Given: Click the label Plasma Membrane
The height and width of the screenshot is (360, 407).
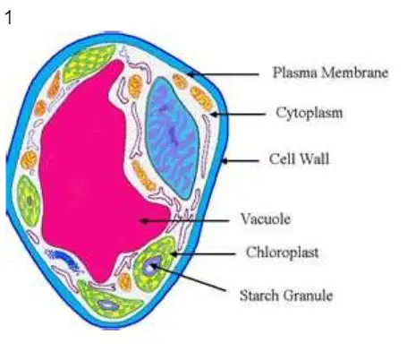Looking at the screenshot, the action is [330, 73].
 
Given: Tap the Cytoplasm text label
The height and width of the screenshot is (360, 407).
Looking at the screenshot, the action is [309, 113].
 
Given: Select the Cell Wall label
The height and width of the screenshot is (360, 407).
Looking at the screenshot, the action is [299, 159].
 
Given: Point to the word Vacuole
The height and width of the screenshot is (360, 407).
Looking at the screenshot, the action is [266, 219].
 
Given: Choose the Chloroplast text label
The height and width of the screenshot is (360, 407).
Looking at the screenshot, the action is [283, 253].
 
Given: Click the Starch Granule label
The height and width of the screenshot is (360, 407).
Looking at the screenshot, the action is [286, 296].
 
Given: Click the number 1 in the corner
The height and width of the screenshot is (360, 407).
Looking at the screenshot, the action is [8, 18].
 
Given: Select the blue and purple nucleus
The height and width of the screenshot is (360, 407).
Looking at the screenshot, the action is [172, 137].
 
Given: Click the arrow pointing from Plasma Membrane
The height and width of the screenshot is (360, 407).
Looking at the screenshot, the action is [223, 74].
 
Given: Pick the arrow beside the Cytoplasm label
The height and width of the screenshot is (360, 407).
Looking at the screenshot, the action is [238, 114].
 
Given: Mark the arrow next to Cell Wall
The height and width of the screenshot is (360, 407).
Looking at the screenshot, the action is [241, 161].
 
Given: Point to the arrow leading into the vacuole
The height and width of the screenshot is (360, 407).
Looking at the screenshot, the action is [185, 221].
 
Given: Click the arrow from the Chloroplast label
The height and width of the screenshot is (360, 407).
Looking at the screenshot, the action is [203, 254].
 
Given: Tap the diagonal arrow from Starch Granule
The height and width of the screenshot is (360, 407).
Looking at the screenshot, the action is [189, 278].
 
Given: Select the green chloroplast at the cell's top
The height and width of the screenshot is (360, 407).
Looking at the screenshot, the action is [89, 63].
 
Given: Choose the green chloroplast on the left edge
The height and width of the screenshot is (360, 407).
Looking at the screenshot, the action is [29, 201].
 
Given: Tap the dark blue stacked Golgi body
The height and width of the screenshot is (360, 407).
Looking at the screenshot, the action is [64, 259].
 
